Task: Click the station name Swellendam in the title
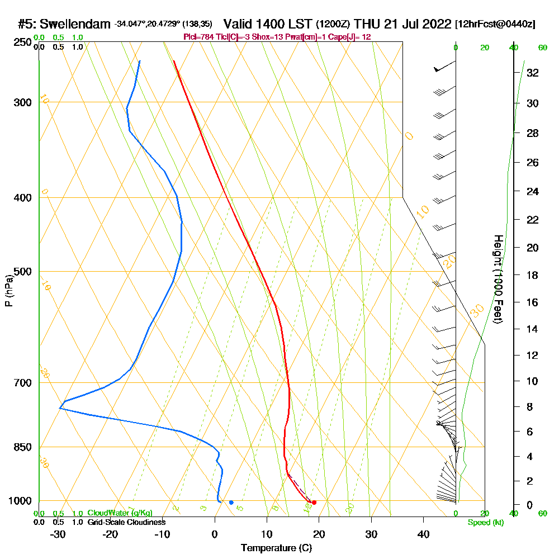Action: [75, 24]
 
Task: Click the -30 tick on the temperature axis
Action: [58, 534]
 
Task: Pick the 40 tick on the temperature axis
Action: [423, 534]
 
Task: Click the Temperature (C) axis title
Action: [276, 548]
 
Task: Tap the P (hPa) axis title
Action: [8, 291]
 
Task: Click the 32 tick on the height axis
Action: [532, 73]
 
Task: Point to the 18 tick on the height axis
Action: [532, 275]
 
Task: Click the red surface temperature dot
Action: [314, 503]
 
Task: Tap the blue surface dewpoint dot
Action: [231, 503]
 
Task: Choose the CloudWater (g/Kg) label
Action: [120, 513]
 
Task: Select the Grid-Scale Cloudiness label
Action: [126, 522]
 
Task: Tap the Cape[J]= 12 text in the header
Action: [349, 37]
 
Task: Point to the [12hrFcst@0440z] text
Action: [495, 24]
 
